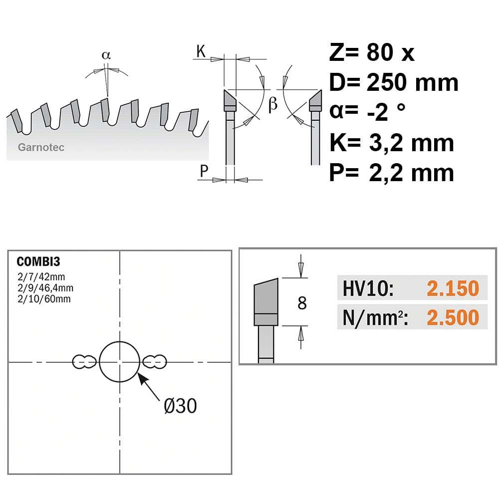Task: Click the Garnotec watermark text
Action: [x=41, y=147]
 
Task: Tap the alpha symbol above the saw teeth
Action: [x=106, y=55]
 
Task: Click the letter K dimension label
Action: [x=201, y=51]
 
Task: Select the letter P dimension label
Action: [x=204, y=171]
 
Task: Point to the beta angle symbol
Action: [x=273, y=104]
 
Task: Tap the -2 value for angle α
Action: [x=378, y=112]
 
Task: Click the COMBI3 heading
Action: [x=38, y=261]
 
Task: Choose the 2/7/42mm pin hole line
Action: [x=41, y=277]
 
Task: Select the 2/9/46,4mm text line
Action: [x=45, y=288]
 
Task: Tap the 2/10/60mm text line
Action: [x=44, y=299]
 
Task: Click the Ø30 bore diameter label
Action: [x=181, y=406]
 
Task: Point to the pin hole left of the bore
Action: [x=84, y=362]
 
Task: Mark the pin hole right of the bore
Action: [x=154, y=362]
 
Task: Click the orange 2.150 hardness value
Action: [x=453, y=288]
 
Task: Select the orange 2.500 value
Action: [x=453, y=317]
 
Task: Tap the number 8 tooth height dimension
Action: [x=302, y=303]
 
